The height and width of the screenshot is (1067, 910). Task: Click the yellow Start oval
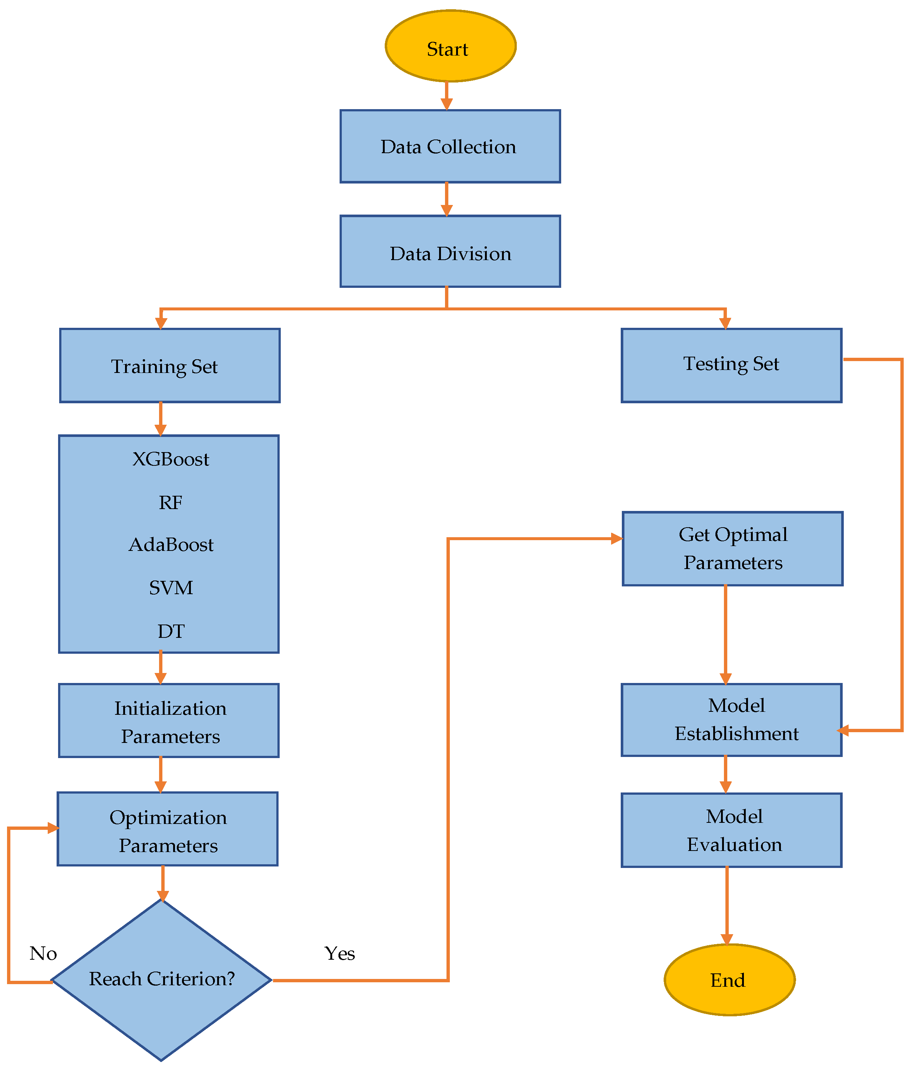point(450,46)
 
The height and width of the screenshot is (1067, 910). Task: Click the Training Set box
point(169,366)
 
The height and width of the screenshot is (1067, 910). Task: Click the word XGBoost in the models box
point(171,459)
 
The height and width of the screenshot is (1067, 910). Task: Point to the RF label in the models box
point(171,502)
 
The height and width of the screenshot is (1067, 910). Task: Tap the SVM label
point(171,588)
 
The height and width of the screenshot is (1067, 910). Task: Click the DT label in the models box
point(171,631)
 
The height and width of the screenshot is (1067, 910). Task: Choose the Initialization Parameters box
point(169,721)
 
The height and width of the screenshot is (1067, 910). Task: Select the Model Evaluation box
point(731,831)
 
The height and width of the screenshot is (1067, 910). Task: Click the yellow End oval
point(729,980)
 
